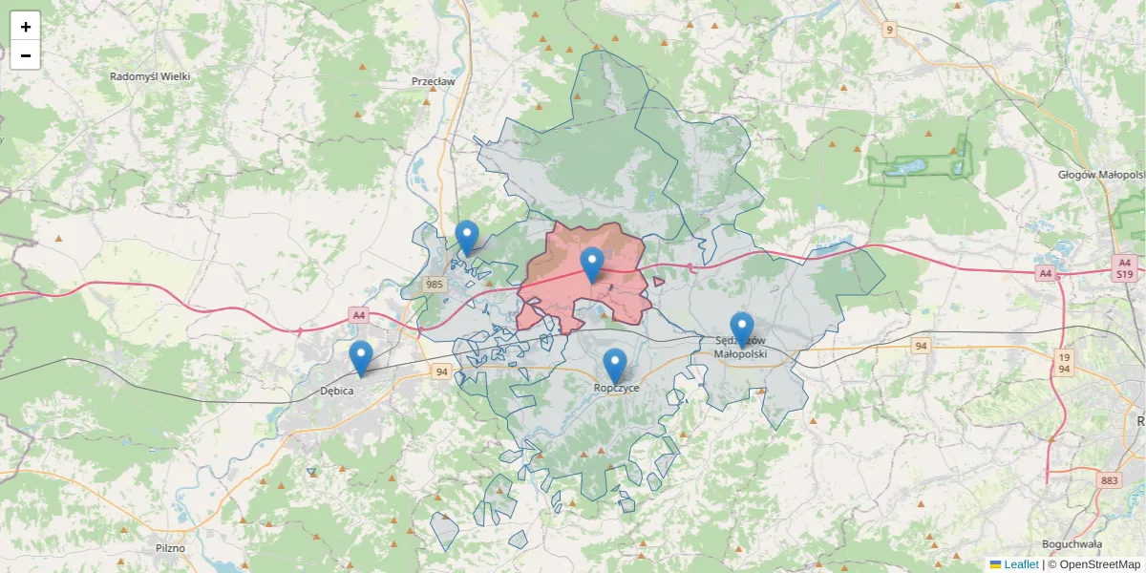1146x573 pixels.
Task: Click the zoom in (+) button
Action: (x=25, y=27)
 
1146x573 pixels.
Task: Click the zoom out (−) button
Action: (x=25, y=55)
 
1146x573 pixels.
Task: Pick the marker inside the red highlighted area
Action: (x=592, y=264)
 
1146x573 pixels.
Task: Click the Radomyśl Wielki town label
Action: (x=150, y=76)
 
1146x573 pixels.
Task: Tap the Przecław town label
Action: (x=433, y=82)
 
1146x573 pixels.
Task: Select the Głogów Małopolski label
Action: (x=1101, y=175)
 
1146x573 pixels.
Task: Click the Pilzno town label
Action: (x=169, y=548)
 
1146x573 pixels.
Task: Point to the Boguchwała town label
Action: (x=1072, y=544)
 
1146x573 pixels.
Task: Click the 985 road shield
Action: (x=435, y=284)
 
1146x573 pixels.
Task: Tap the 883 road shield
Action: (x=1109, y=480)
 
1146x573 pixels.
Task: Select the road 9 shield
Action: (x=890, y=30)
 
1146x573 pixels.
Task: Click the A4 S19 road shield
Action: (x=1124, y=266)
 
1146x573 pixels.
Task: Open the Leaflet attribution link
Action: (x=1020, y=564)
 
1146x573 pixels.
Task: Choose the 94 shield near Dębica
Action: (x=440, y=371)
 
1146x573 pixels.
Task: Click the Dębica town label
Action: (x=338, y=391)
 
